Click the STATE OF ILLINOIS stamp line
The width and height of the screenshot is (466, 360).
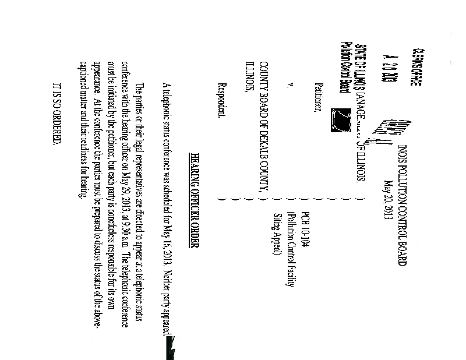[358, 61]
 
